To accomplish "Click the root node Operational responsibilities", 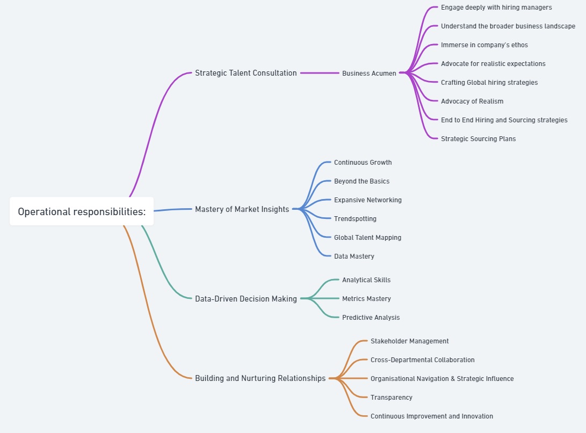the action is (x=82, y=211).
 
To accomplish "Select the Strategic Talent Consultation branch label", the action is (x=246, y=73).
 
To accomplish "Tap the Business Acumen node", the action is (x=369, y=73).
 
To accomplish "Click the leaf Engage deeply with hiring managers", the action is (x=496, y=8).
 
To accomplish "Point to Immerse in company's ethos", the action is (x=484, y=45).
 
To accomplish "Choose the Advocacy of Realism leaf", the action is (x=472, y=101).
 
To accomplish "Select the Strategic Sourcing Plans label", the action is (x=479, y=139).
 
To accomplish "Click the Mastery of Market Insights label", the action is (x=242, y=209).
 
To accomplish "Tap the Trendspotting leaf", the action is (x=355, y=219).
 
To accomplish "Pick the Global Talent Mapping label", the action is (x=368, y=237).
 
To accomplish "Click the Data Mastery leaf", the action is (x=354, y=256).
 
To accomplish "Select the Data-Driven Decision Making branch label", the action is (x=246, y=299).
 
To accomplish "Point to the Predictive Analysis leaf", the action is (x=371, y=317).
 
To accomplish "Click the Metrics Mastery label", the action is (x=366, y=299).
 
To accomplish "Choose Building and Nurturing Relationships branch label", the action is (x=260, y=378).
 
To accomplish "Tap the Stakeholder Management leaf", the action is (x=410, y=341).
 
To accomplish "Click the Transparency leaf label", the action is (x=391, y=397).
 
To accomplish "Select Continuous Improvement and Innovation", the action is (x=432, y=416).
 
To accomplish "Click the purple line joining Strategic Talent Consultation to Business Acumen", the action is (x=320, y=73).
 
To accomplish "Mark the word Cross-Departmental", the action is (x=401, y=360).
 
